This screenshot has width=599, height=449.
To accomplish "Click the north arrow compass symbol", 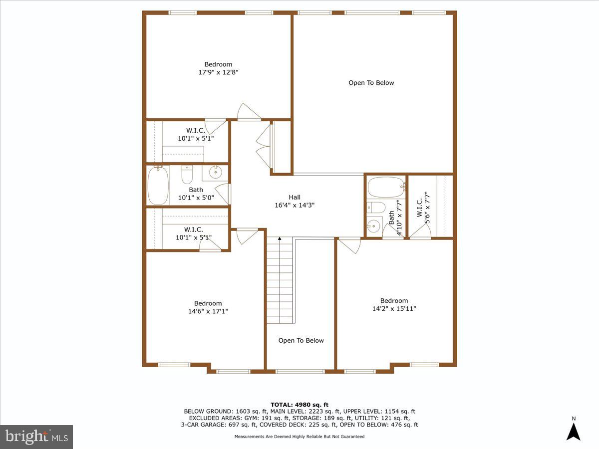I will point(573,430).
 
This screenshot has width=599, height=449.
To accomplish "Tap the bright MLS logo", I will point(36,437).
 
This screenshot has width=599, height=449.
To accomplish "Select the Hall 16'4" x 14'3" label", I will point(295,201).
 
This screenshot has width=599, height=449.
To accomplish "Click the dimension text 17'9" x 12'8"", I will point(218,72).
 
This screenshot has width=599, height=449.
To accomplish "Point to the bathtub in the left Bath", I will point(158,185).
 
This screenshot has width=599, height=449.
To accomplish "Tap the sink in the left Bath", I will point(215,173).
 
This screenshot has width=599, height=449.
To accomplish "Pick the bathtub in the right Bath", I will point(386,188).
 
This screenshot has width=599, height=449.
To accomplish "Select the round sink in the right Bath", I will point(373,226).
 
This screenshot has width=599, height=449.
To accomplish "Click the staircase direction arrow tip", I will point(280,238).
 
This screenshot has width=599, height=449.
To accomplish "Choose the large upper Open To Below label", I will point(371,83).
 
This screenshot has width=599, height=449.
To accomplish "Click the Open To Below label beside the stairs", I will point(301,341).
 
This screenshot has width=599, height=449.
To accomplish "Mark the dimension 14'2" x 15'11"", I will point(394,309).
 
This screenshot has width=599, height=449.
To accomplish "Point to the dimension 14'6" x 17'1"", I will point(208,311).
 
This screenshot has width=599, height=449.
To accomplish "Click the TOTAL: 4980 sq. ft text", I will point(299,405).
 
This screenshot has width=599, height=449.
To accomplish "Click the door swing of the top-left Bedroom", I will point(247,112).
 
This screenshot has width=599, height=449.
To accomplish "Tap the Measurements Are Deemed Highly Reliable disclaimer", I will point(299,437).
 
